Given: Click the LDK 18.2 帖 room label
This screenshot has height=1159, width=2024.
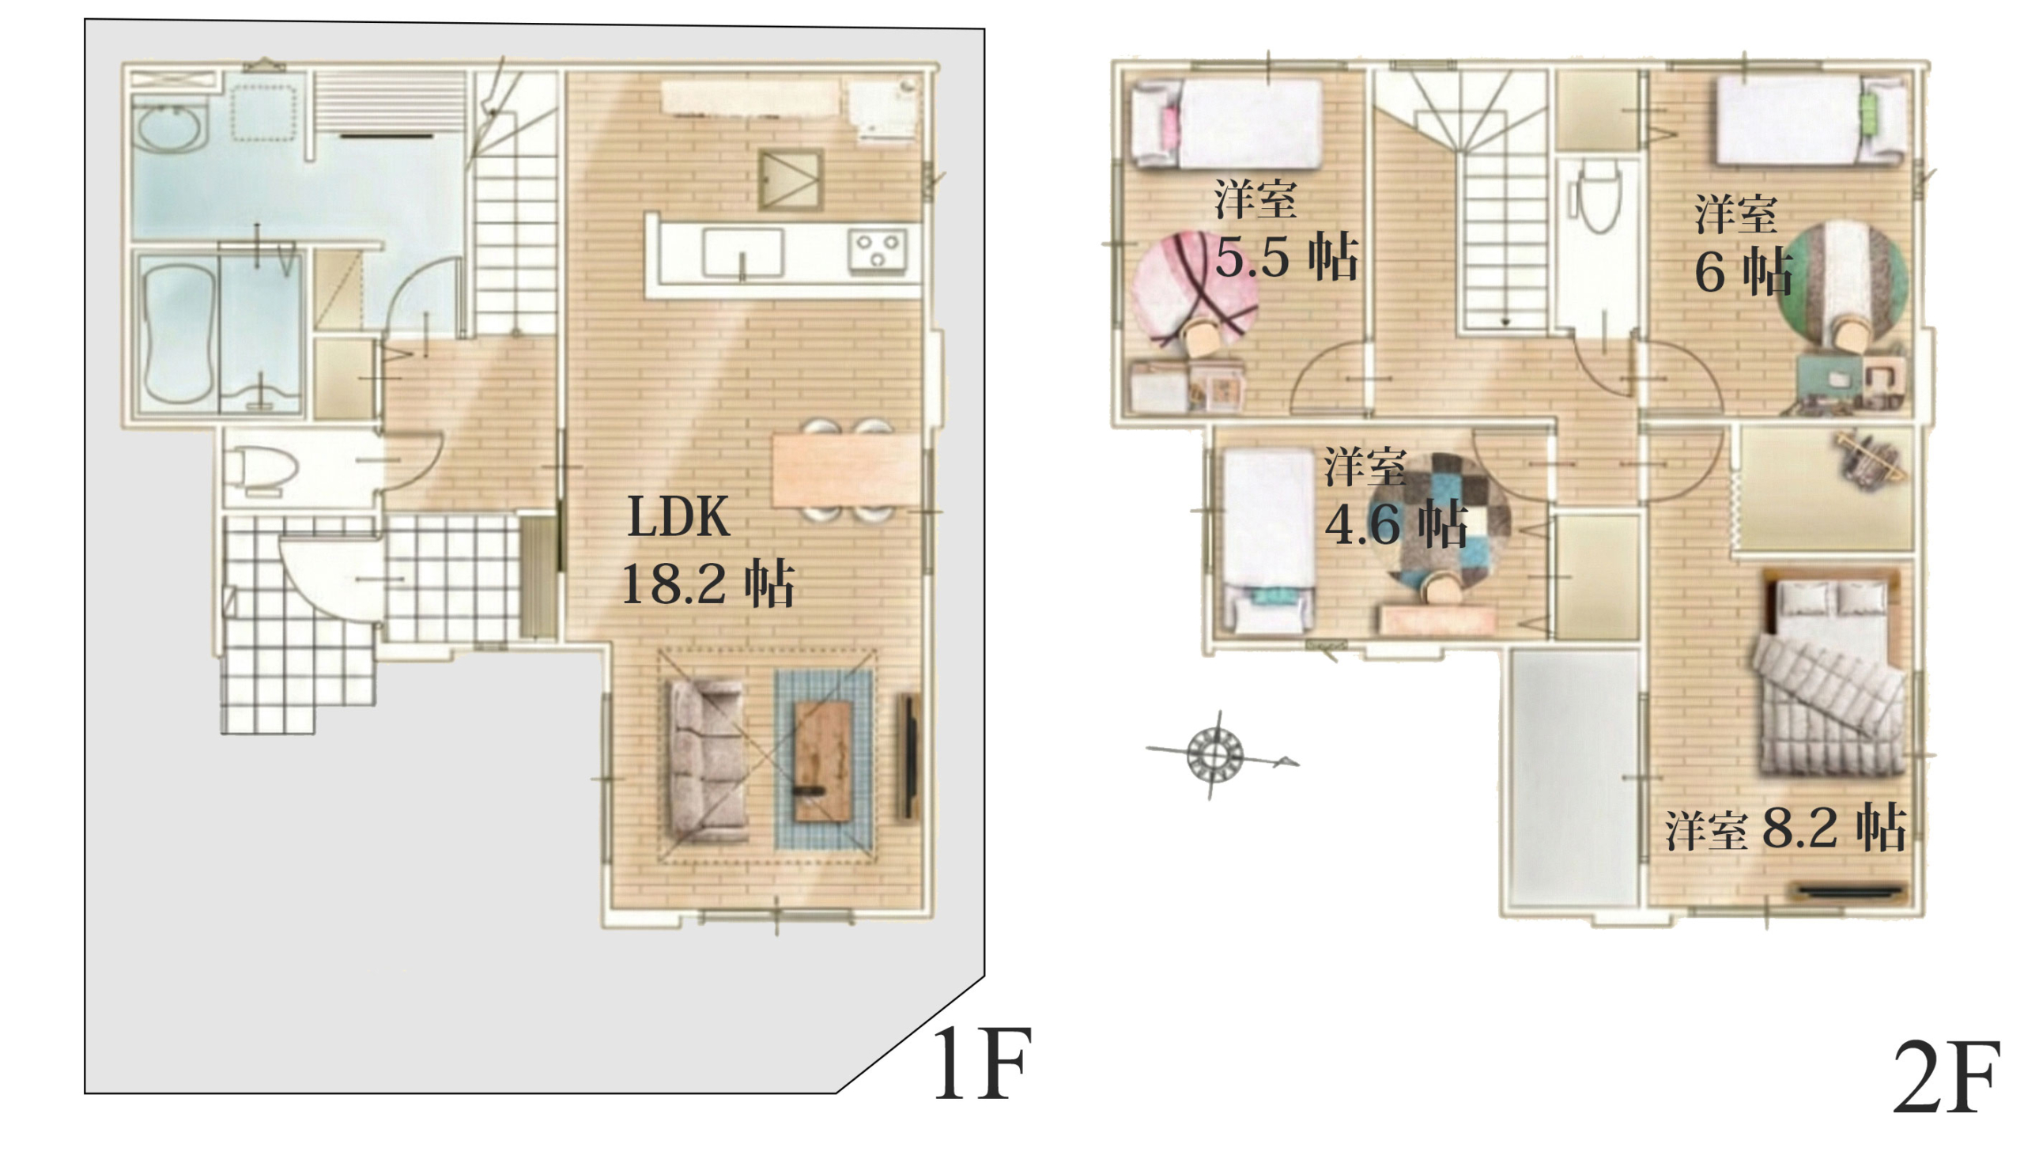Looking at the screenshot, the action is coord(708,551).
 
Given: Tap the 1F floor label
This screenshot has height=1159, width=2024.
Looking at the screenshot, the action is coord(982,1064).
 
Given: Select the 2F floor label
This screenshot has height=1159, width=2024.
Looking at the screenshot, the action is coord(1945,1078).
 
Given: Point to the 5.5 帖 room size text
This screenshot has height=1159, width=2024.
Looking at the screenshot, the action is coord(1286,256).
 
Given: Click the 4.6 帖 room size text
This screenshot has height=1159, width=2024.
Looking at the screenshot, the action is coord(1396,524).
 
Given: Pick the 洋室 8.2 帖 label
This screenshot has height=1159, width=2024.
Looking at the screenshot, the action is coord(1786,830).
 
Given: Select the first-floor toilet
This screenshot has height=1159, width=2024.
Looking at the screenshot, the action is coord(261,470).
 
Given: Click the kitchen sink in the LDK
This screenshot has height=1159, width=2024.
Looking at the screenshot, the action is coord(742,252).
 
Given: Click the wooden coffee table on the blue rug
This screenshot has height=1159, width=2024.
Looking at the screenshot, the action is coord(824,761).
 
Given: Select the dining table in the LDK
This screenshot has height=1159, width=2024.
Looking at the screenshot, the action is coord(846,470).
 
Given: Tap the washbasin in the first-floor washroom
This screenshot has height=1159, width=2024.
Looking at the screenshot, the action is coord(169,127).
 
